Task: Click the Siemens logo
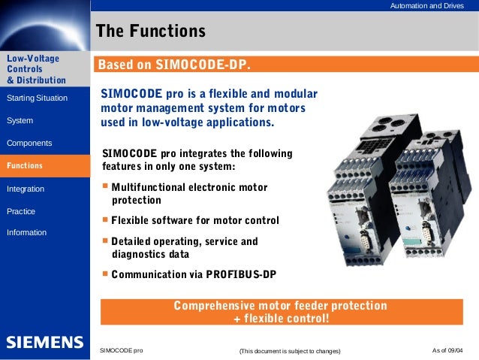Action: [45, 343]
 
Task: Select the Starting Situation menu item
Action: [37, 98]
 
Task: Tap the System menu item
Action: [20, 120]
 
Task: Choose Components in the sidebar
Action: [29, 143]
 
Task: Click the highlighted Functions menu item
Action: [25, 165]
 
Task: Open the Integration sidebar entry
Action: [26, 189]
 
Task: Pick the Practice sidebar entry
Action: [21, 211]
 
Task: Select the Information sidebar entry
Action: [26, 233]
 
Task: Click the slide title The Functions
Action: [151, 32]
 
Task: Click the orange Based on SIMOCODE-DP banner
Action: [180, 65]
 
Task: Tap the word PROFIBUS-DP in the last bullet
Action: [241, 274]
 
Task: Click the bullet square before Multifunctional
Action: [105, 186]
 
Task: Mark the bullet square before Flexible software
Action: [105, 220]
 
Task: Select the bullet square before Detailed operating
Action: [105, 241]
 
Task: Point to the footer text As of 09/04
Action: [448, 351]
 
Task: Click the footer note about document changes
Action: [289, 352]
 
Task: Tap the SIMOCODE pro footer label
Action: [122, 351]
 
